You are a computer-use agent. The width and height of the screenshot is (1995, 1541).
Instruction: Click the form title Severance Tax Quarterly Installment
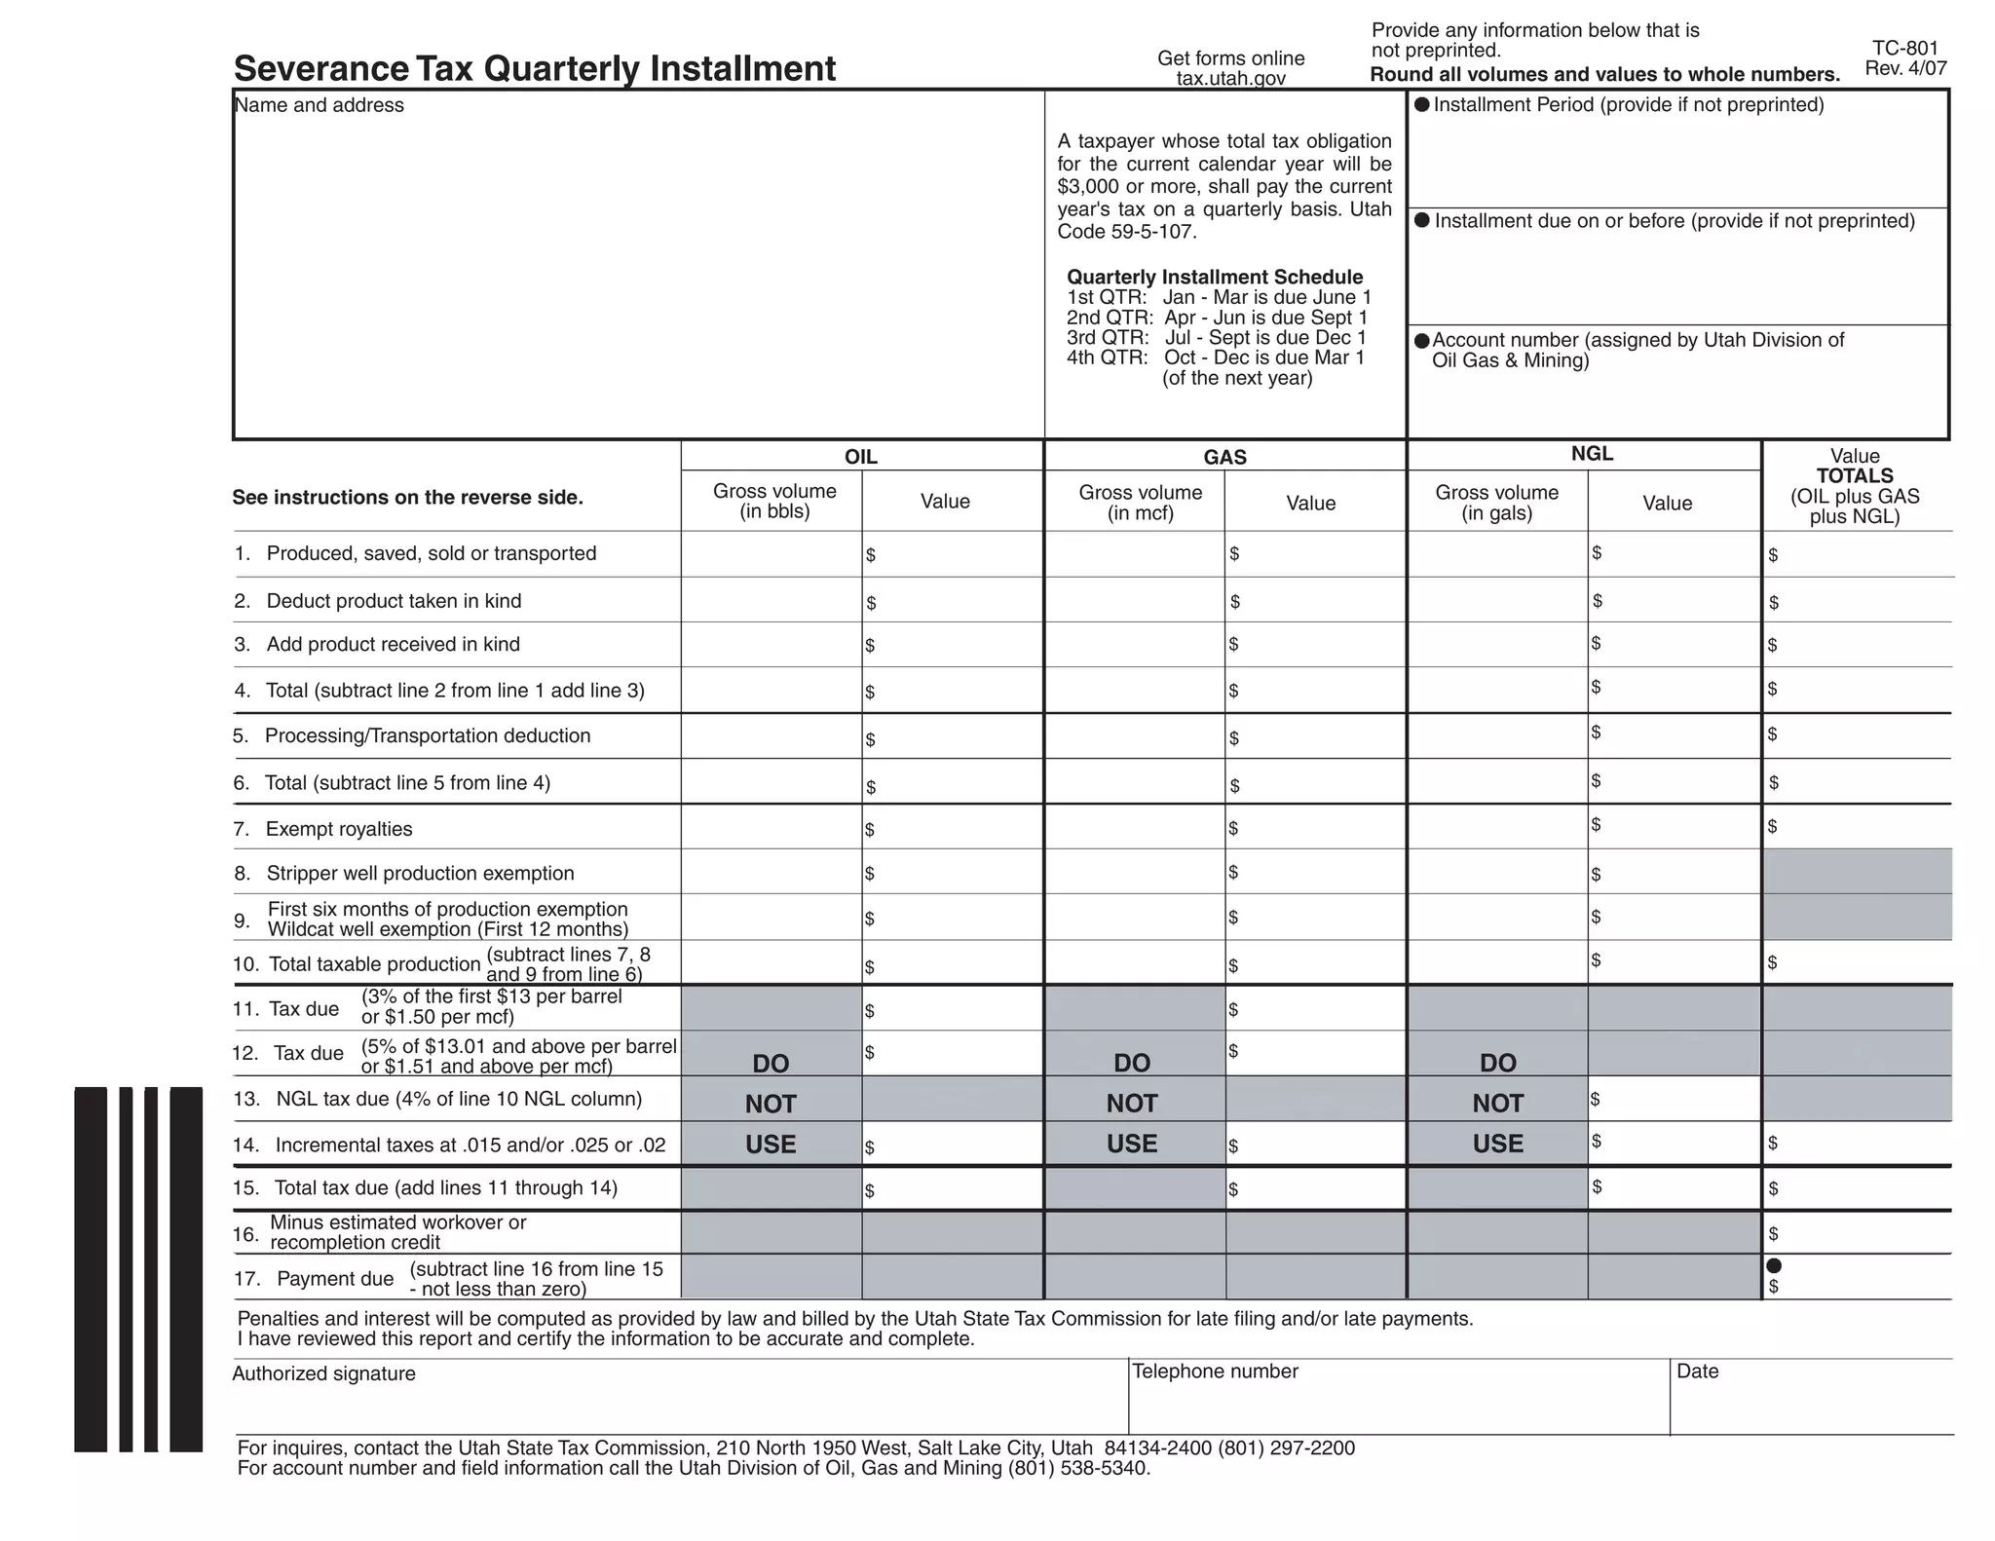pyautogui.click(x=535, y=69)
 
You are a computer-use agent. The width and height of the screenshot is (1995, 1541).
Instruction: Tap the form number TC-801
pyautogui.click(x=1904, y=49)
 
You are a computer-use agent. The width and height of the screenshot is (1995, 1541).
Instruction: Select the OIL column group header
pyautogui.click(x=860, y=457)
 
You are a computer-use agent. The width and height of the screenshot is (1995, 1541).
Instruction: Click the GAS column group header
pyautogui.click(x=1224, y=457)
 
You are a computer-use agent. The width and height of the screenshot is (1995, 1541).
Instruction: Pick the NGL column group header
pyautogui.click(x=1592, y=454)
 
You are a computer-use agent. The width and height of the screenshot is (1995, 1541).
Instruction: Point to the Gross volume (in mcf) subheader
pyautogui.click(x=1140, y=503)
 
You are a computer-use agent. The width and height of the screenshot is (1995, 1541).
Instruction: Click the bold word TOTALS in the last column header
pyautogui.click(x=1855, y=476)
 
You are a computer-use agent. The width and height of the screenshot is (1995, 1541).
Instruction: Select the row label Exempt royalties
pyautogui.click(x=339, y=829)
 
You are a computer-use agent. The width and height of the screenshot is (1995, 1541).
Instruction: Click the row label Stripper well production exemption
pyautogui.click(x=420, y=874)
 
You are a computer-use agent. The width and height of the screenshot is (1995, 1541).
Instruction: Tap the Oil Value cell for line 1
pyautogui.click(x=953, y=554)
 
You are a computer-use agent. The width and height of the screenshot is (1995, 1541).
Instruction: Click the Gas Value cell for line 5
pyautogui.click(x=1315, y=737)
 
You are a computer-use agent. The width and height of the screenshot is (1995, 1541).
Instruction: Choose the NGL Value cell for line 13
pyautogui.click(x=1674, y=1099)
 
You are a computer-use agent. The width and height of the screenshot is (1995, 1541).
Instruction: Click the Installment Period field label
pyautogui.click(x=1628, y=105)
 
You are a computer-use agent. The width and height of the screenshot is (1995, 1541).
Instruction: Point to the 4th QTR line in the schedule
pyautogui.click(x=1215, y=357)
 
